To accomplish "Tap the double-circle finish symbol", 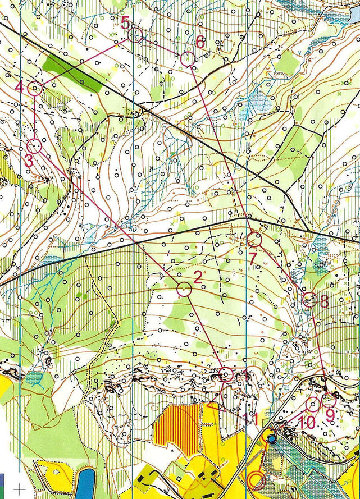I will pos(257,480).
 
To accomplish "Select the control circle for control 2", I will pos(184,289).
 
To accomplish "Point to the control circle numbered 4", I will pos(35,88).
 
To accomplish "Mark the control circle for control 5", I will pos(134,36).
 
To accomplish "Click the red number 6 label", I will pos(200,42).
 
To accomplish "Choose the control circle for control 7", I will pos(255,240).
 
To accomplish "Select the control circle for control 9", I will pos(329,401).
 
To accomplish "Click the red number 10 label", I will pos(307,422).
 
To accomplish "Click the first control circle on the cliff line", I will pos(226,374).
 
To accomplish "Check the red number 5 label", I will pos(125,22).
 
